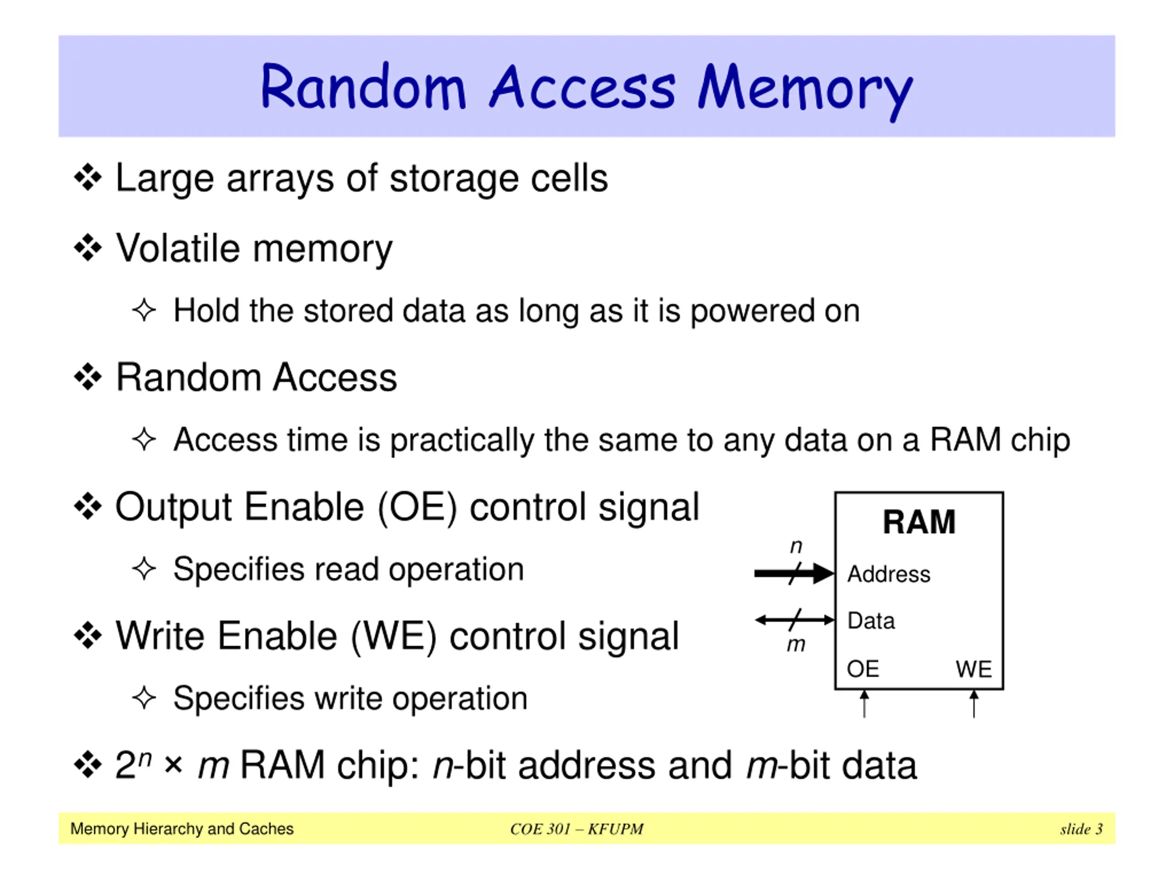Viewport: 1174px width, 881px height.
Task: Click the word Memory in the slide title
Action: pyautogui.click(x=806, y=90)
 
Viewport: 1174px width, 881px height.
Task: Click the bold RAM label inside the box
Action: pyautogui.click(x=919, y=522)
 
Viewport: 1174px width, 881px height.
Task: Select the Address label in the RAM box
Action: pyautogui.click(x=888, y=574)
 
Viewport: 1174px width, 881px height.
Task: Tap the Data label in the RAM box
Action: pyautogui.click(x=871, y=620)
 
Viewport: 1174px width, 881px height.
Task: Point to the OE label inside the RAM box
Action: pyautogui.click(x=863, y=669)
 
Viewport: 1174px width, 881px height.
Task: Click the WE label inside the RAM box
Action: pyautogui.click(x=974, y=669)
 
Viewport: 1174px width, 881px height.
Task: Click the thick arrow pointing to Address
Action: pyautogui.click(x=794, y=573)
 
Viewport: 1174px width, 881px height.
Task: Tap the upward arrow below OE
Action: pyautogui.click(x=864, y=703)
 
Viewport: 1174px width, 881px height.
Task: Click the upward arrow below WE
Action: pyautogui.click(x=974, y=703)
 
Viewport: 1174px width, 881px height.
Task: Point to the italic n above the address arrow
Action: pyautogui.click(x=796, y=546)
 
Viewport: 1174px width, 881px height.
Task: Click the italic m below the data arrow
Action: pyautogui.click(x=796, y=645)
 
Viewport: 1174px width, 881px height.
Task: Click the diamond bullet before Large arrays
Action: pyautogui.click(x=88, y=178)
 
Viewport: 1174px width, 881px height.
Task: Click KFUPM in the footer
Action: pyautogui.click(x=615, y=829)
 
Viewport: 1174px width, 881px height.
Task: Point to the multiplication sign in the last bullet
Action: pyautogui.click(x=173, y=766)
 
